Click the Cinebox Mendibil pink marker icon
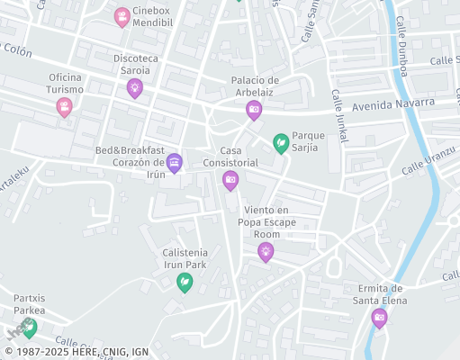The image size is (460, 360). tap(122, 16)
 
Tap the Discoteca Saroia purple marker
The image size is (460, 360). tap(135, 87)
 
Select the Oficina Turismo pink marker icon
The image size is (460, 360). tap(64, 107)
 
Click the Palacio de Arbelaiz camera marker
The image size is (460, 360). tap(254, 109)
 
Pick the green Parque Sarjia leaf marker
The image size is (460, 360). tap(281, 142)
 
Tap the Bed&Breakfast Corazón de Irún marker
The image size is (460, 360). tap(175, 162)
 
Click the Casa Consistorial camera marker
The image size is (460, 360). tap(230, 180)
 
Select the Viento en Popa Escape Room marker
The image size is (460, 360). tap(265, 251)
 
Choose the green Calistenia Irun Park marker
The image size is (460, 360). tap(185, 282)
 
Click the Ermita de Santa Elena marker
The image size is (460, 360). tap(380, 317)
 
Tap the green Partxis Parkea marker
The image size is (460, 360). tap(31, 327)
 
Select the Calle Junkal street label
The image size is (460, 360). tap(339, 115)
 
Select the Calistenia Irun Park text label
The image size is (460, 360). tap(185, 258)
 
